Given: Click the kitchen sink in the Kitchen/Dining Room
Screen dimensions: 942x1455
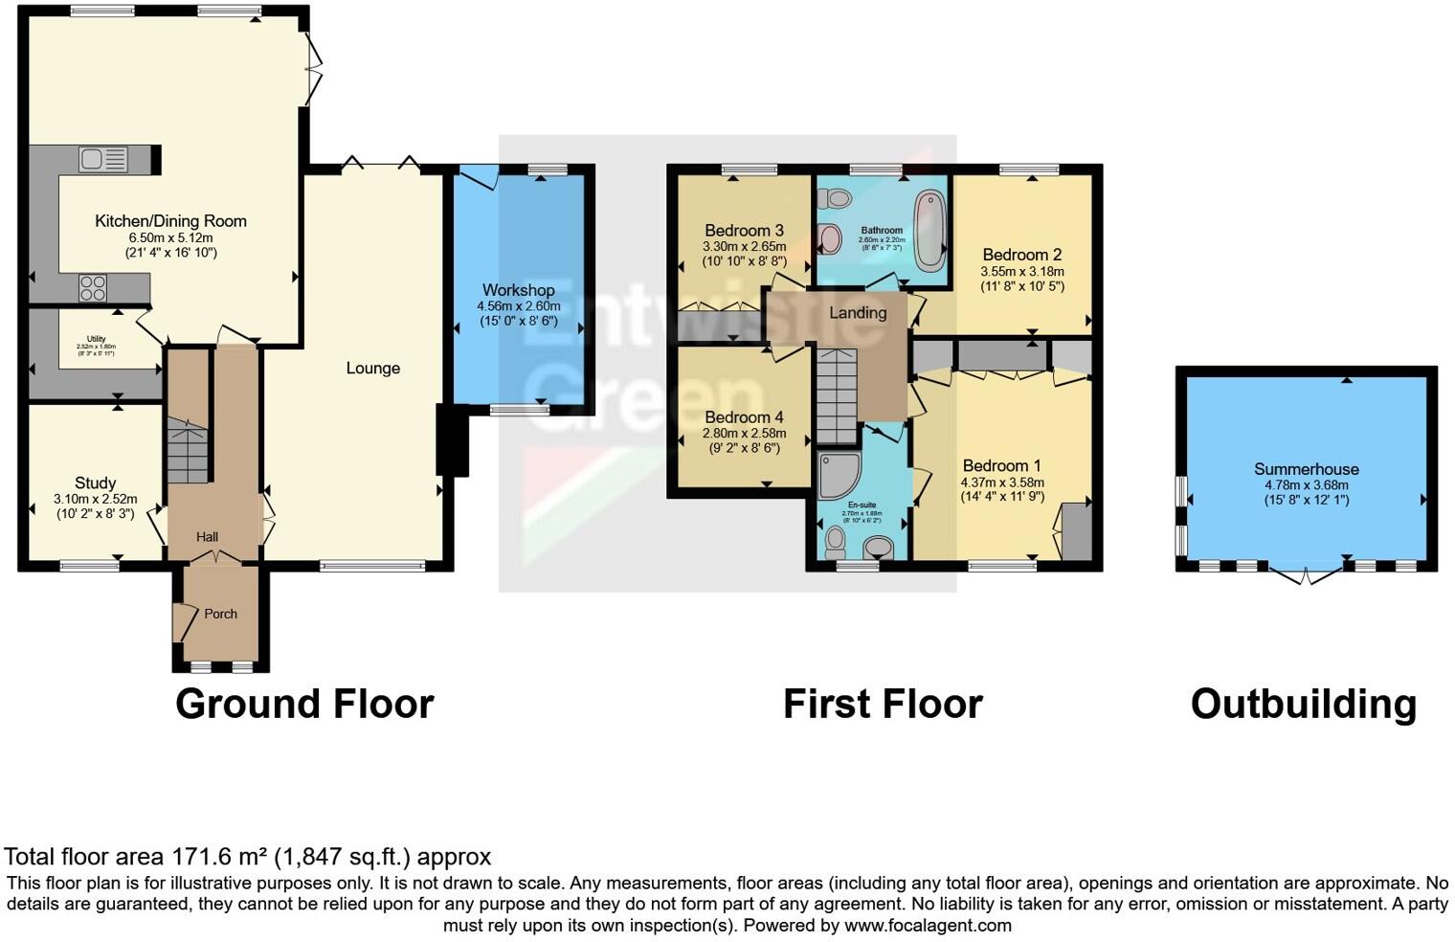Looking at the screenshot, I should [103, 159].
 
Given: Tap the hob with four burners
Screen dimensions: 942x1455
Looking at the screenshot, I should [92, 288].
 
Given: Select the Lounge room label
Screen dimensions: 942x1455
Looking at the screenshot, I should [372, 369].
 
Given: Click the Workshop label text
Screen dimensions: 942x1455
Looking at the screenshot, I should [518, 290].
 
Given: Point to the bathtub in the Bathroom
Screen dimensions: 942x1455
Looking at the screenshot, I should [929, 230].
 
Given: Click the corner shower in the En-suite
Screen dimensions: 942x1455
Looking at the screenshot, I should [838, 476].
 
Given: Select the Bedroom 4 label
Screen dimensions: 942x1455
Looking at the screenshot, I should [744, 417].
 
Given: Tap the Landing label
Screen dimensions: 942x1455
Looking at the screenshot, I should [857, 313].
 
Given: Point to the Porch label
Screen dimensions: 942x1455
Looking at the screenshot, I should [220, 614].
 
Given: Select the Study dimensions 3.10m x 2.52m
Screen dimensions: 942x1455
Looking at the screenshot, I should [95, 499].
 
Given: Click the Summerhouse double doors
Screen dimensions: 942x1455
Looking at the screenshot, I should [1307, 574].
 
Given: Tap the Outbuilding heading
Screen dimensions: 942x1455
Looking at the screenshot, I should [1303, 705].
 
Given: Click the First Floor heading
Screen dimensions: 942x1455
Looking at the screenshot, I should [883, 705].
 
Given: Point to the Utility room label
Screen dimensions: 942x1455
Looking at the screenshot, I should [96, 339].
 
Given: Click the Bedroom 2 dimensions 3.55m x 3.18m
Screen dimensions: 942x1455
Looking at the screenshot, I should [1021, 272].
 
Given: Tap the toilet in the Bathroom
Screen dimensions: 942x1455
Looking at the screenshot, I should [839, 199].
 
